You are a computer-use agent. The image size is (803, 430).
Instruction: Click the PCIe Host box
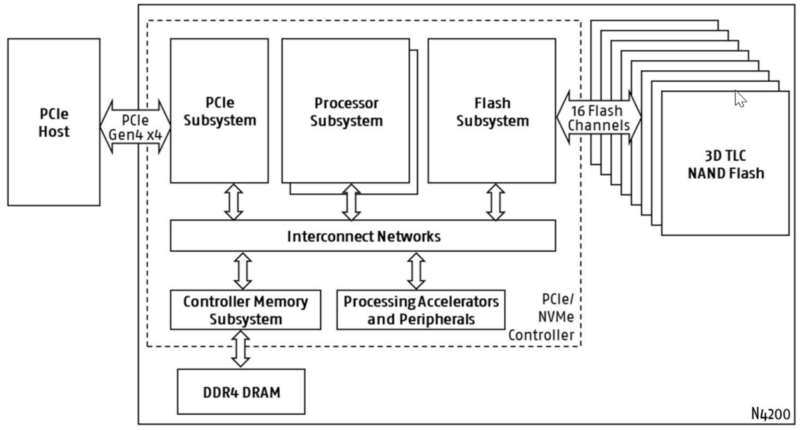54,122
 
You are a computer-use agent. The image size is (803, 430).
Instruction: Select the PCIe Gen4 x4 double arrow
135,127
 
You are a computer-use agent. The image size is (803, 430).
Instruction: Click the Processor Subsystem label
346,112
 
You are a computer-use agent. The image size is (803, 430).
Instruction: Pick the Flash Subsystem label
492,112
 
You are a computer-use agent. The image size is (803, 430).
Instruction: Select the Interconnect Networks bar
363,236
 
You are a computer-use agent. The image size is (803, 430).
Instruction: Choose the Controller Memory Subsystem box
246,310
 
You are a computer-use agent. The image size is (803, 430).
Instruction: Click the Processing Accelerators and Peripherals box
421,310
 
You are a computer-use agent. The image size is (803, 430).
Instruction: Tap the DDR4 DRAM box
240,392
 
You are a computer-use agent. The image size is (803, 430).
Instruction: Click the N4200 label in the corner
770,413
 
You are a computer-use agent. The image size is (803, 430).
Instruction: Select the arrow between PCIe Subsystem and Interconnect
234,202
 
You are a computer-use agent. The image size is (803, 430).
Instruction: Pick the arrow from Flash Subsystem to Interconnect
495,202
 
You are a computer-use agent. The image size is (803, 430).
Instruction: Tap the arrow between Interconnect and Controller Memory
243,270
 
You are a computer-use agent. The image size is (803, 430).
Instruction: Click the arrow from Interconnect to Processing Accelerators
416,270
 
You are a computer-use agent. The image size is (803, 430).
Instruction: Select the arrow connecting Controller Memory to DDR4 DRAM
240,348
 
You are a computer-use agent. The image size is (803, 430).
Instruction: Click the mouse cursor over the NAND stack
740,98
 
